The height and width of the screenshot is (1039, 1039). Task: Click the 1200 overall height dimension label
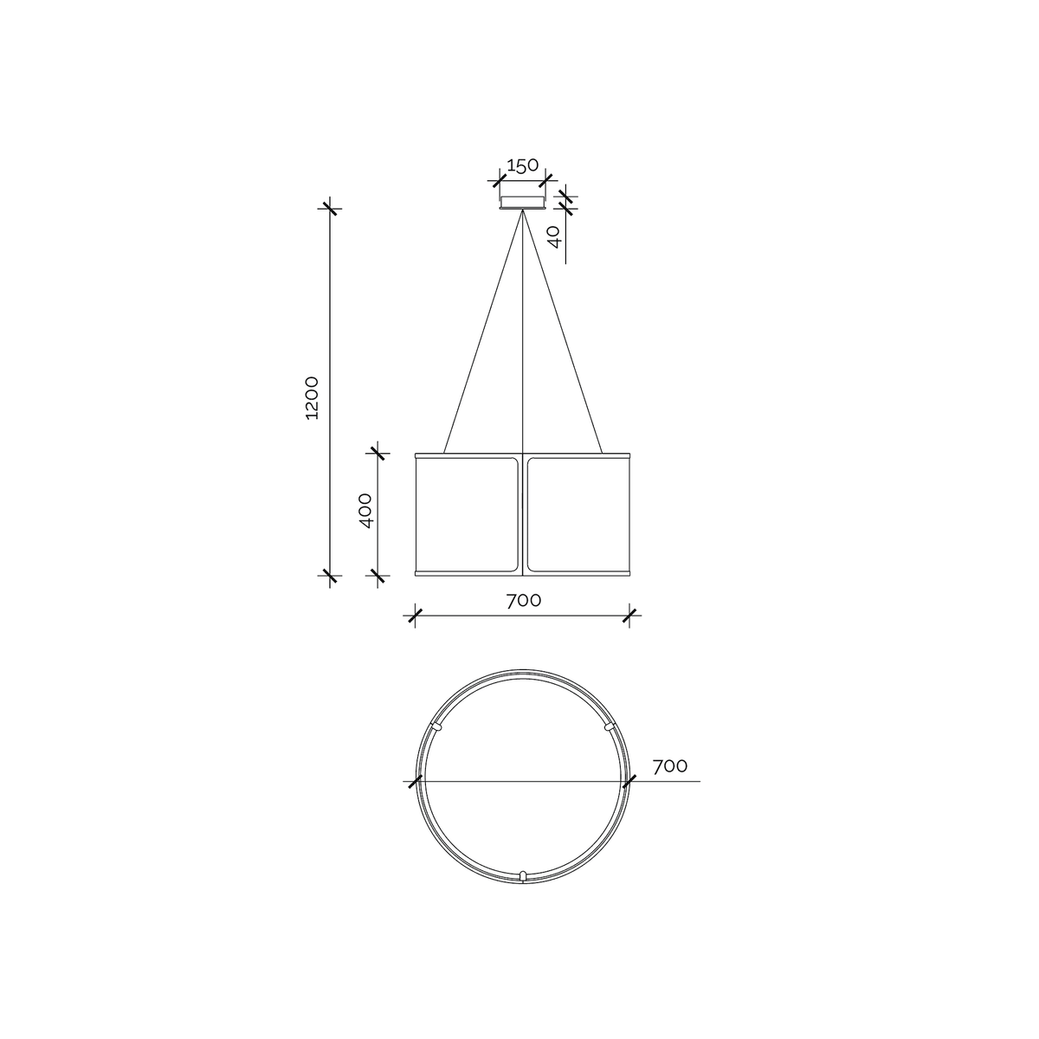point(313,398)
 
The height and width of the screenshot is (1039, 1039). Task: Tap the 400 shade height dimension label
point(365,511)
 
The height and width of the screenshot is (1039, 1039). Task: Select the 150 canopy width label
point(522,165)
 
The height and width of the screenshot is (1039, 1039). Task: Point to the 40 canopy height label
point(555,236)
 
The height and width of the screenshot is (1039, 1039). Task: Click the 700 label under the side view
point(524,601)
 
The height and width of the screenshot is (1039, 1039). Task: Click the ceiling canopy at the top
point(522,203)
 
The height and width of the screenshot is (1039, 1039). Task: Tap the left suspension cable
point(482,332)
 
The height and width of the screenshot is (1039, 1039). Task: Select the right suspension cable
point(563,332)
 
